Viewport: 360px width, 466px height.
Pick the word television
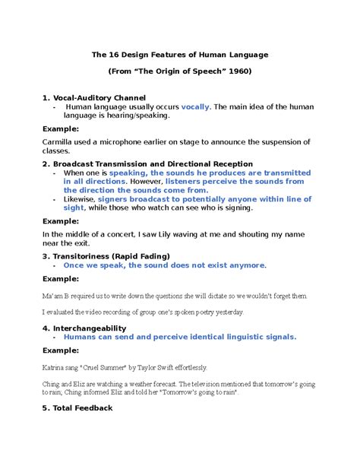click(215, 383)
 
